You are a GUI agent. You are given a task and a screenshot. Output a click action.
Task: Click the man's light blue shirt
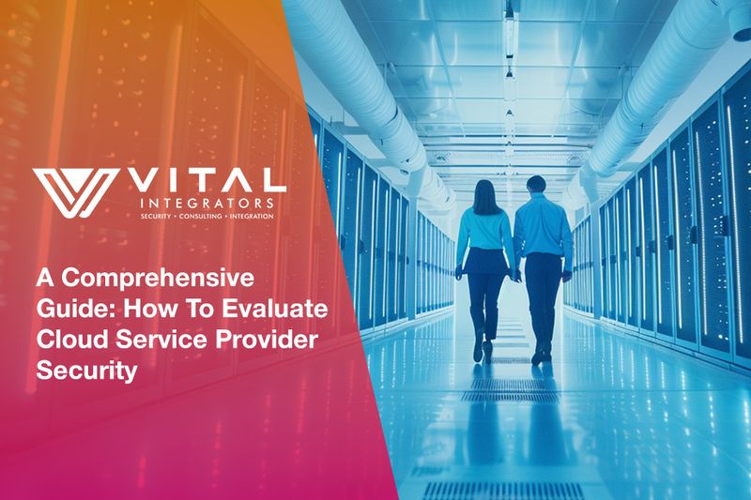click(x=543, y=230)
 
